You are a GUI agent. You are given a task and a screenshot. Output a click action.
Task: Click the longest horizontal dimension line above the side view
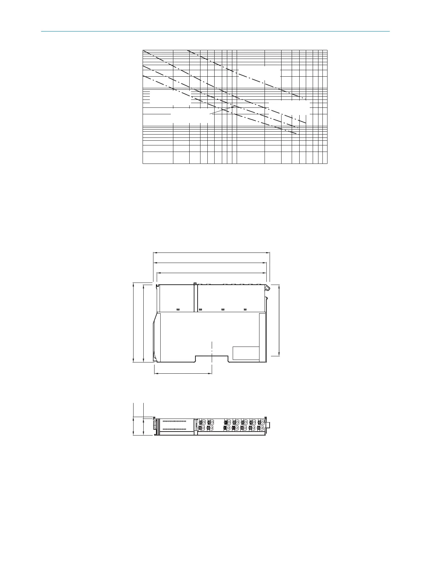212,253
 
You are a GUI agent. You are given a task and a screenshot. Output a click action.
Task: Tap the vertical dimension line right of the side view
279,320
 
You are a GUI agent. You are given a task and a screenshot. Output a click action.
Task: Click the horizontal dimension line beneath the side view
183,373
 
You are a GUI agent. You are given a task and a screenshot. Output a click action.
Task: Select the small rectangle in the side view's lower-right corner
246,353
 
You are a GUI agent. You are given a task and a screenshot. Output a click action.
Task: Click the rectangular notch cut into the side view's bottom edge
211,358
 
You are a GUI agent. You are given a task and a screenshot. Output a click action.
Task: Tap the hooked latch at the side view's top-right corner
267,288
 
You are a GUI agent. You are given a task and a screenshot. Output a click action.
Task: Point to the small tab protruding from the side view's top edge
195,284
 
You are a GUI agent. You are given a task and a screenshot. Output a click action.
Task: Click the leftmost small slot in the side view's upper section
178,309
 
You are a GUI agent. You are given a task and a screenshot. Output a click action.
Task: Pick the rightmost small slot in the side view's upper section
245,309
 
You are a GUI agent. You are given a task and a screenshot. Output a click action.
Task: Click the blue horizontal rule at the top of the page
215,31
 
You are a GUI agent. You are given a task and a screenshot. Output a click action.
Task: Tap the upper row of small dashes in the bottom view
174,421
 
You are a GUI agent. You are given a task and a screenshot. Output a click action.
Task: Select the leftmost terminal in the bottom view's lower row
202,428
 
